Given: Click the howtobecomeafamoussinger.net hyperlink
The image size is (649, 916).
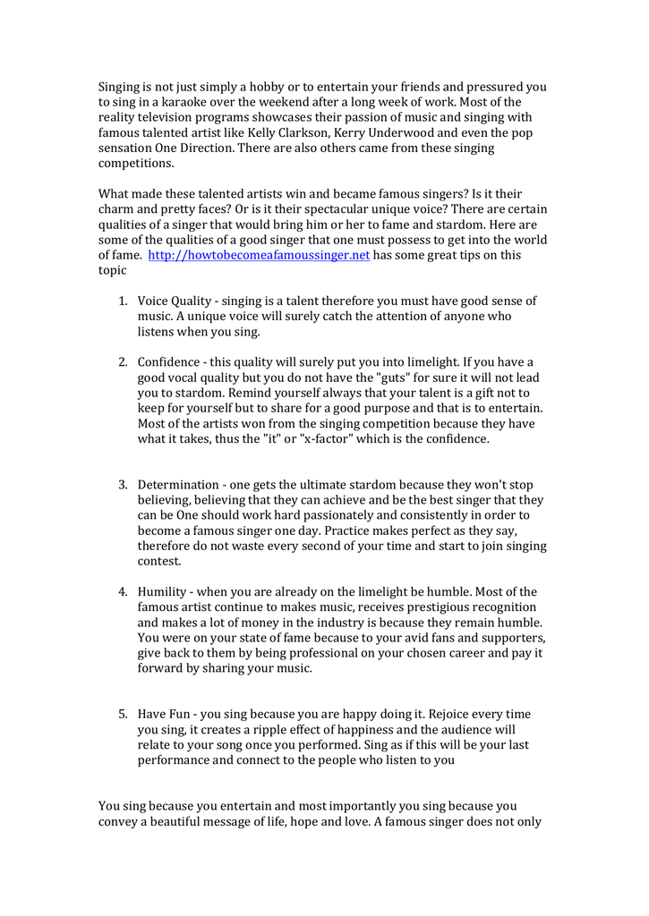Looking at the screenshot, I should pos(259,255).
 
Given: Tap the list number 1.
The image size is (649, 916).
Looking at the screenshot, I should pos(123,301).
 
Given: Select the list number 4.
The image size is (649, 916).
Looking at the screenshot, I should pos(123,592).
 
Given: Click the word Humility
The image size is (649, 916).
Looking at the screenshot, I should pos(163,592).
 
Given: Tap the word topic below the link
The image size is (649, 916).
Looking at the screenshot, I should pos(114,270).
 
